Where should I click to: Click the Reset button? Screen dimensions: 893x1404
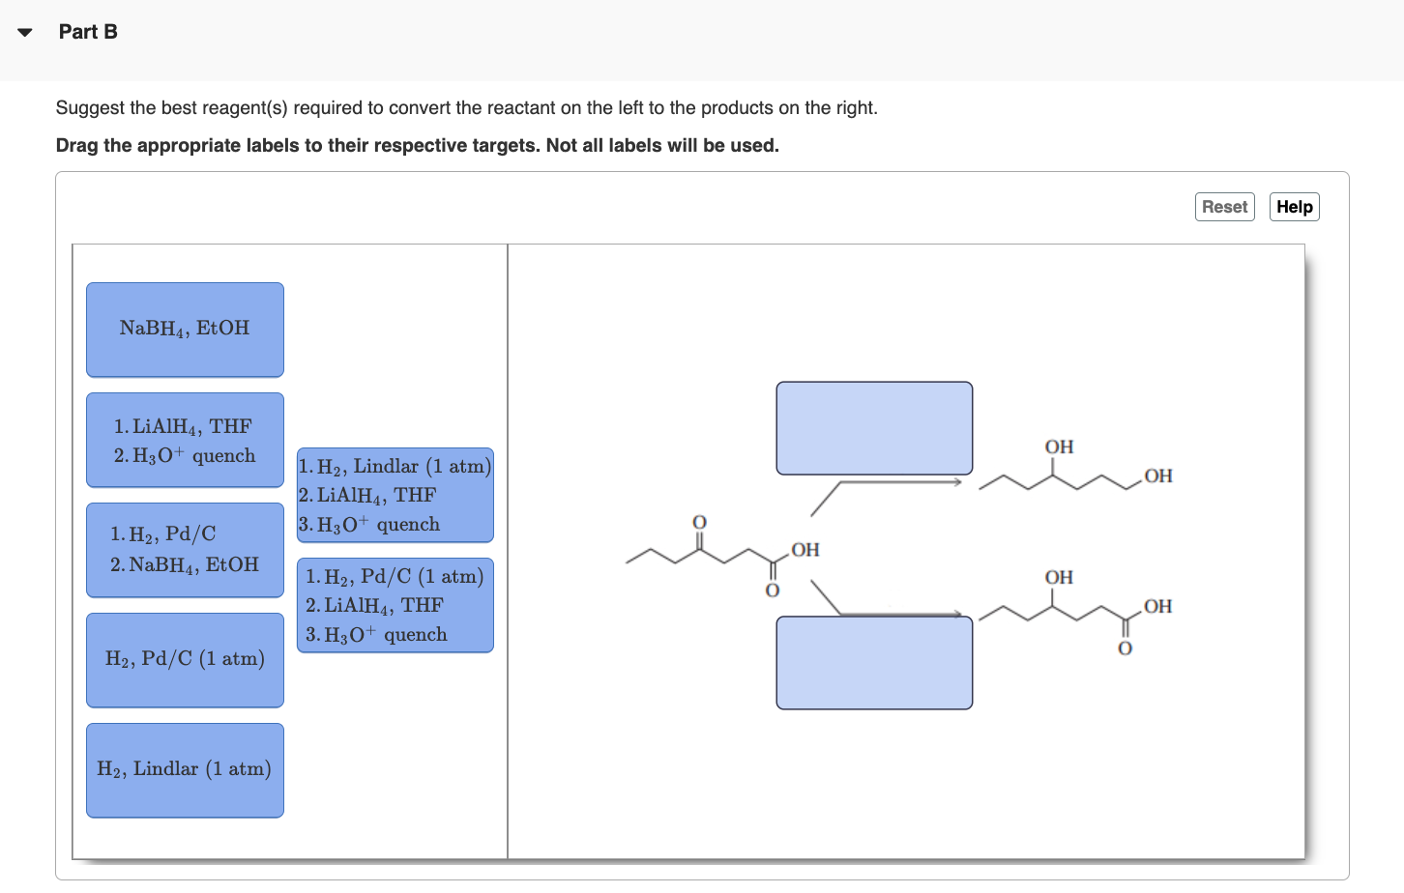[1224, 207]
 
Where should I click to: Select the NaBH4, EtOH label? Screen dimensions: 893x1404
[185, 330]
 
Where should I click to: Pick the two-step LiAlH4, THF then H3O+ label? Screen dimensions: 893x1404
[185, 440]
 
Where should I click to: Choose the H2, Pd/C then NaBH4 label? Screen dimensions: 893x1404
[185, 550]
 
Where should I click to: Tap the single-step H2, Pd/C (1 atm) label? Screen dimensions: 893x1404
[185, 660]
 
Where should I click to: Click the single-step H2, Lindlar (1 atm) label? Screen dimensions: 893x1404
[185, 770]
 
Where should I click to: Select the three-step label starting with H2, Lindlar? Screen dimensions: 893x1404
[395, 495]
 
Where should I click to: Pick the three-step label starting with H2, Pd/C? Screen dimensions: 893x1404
[395, 605]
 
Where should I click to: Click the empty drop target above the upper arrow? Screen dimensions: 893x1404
[874, 428]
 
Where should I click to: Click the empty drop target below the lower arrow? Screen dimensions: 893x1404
[874, 663]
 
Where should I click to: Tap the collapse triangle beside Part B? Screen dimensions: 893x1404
[25, 33]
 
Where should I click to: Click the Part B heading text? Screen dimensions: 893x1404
[88, 32]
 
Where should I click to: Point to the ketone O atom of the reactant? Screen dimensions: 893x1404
[699, 522]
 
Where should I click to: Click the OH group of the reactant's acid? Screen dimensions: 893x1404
[805, 550]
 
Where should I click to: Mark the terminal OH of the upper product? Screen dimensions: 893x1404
[1157, 475]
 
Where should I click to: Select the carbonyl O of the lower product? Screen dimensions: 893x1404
[1125, 648]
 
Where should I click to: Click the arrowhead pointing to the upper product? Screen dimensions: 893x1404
[957, 481]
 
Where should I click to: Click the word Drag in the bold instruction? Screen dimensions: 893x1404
[76, 146]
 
